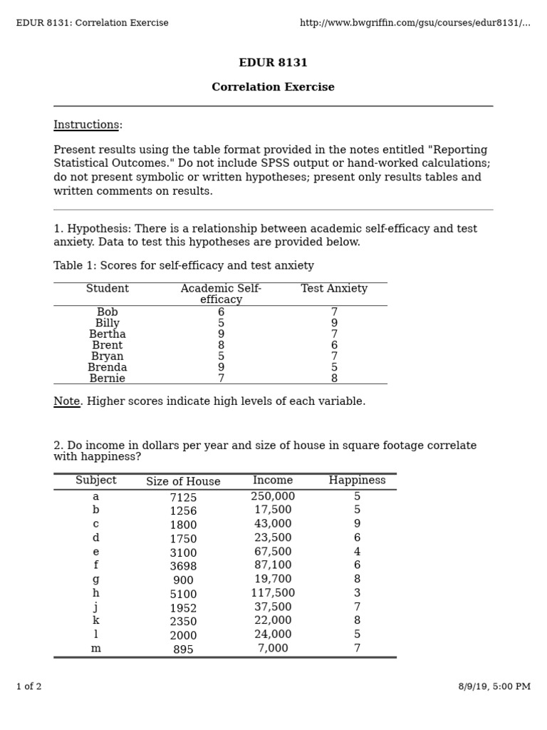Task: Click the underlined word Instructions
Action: (85, 125)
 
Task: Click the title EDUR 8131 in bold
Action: (273, 63)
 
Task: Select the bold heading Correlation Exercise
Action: (273, 88)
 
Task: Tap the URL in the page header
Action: (415, 23)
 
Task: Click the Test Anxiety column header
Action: (334, 289)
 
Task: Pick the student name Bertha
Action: (108, 334)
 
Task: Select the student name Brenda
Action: (108, 368)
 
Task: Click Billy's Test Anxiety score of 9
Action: (334, 324)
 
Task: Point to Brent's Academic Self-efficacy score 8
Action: (221, 346)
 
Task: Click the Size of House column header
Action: (183, 482)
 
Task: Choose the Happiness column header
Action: (357, 480)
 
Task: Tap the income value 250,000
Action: (273, 496)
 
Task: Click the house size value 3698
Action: (183, 567)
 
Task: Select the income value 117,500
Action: (273, 593)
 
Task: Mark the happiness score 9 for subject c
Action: (357, 524)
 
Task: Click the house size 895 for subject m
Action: (183, 649)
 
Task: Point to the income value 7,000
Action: (273, 649)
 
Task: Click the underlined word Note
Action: (66, 401)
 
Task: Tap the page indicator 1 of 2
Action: (29, 687)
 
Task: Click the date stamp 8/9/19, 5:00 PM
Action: (494, 687)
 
